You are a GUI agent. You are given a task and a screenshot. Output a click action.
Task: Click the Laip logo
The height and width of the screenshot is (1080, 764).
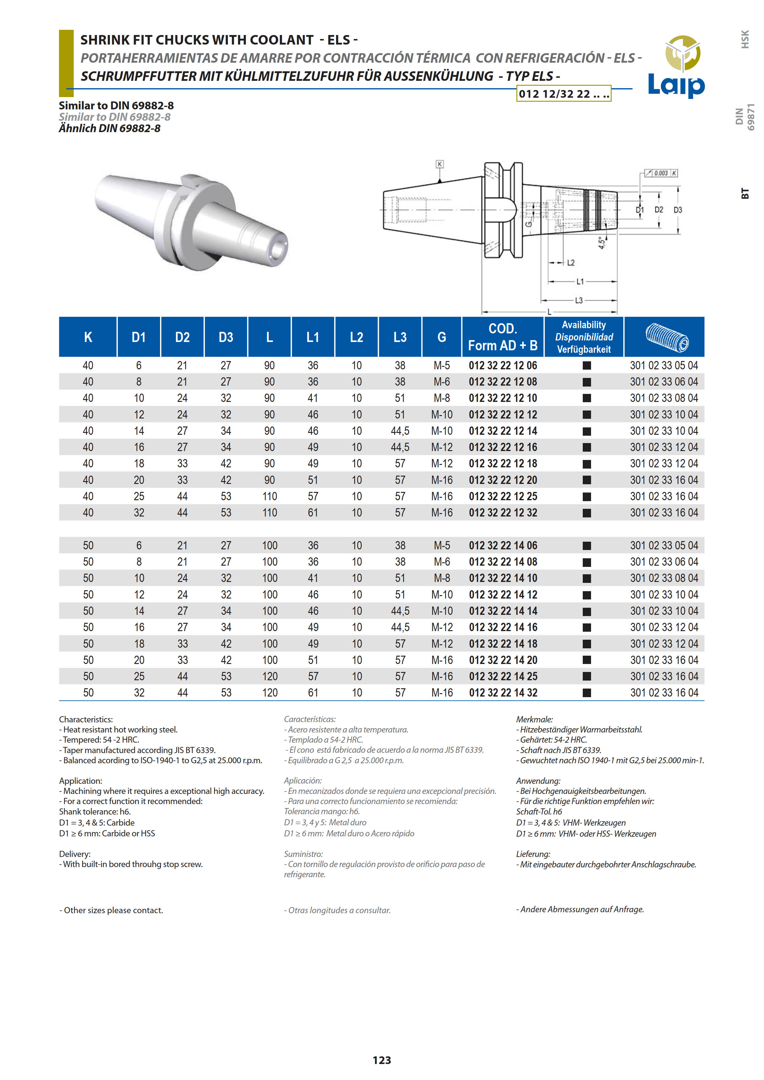pos(676,67)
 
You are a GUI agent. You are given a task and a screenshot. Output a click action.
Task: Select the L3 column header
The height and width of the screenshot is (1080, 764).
pos(400,337)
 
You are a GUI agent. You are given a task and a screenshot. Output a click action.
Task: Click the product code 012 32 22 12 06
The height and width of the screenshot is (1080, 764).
pos(503,366)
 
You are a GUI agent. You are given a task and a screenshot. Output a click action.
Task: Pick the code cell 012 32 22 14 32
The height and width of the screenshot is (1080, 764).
pos(503,693)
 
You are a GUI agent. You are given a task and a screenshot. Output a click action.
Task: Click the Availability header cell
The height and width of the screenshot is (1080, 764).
pos(583,337)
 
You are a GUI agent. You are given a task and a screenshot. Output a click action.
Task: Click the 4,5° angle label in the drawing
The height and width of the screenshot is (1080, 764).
pos(602,243)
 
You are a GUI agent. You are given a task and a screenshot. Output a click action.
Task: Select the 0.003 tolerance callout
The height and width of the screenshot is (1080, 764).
pos(660,173)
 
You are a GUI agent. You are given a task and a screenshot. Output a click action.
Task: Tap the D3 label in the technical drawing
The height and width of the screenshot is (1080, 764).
pos(677,210)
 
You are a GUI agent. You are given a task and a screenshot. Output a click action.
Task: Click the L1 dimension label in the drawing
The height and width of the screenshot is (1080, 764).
pos(580,281)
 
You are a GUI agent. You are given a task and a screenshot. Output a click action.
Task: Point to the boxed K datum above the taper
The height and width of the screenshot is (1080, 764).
pos(439,164)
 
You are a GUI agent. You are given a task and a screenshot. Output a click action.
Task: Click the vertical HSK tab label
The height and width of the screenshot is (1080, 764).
pos(745,40)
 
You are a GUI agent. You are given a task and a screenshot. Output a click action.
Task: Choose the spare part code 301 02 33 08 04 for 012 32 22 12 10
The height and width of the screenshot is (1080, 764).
pos(664,398)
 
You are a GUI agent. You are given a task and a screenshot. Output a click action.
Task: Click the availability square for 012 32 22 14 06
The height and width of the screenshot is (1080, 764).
pos(587,546)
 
